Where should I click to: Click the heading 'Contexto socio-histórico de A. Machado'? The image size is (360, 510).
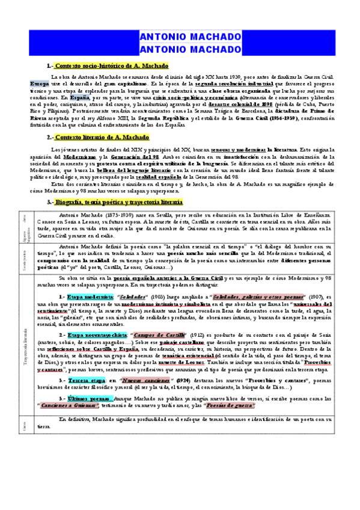(112, 65)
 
